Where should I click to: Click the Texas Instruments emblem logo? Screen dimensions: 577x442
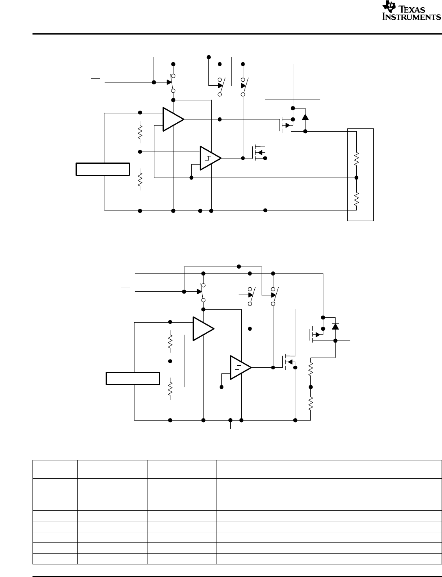click(x=388, y=10)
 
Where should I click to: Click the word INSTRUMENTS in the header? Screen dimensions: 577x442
click(x=411, y=17)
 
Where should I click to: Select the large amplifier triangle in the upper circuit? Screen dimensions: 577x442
click(x=172, y=119)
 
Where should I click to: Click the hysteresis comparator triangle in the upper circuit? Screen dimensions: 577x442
click(x=210, y=157)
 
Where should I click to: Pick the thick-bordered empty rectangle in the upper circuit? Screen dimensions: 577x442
click(x=103, y=169)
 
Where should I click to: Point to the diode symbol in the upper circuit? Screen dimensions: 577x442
click(x=305, y=117)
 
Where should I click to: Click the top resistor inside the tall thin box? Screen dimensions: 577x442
click(x=356, y=159)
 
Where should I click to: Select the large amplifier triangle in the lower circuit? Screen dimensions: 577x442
click(x=202, y=328)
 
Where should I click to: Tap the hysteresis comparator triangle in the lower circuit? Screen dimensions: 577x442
click(x=240, y=367)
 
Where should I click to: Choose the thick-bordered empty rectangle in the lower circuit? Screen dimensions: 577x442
click(x=132, y=378)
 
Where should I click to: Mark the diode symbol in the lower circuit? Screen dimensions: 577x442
click(x=335, y=326)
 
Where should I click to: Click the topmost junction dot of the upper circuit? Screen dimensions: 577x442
click(x=208, y=56)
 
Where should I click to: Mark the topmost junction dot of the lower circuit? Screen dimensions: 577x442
click(x=238, y=267)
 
